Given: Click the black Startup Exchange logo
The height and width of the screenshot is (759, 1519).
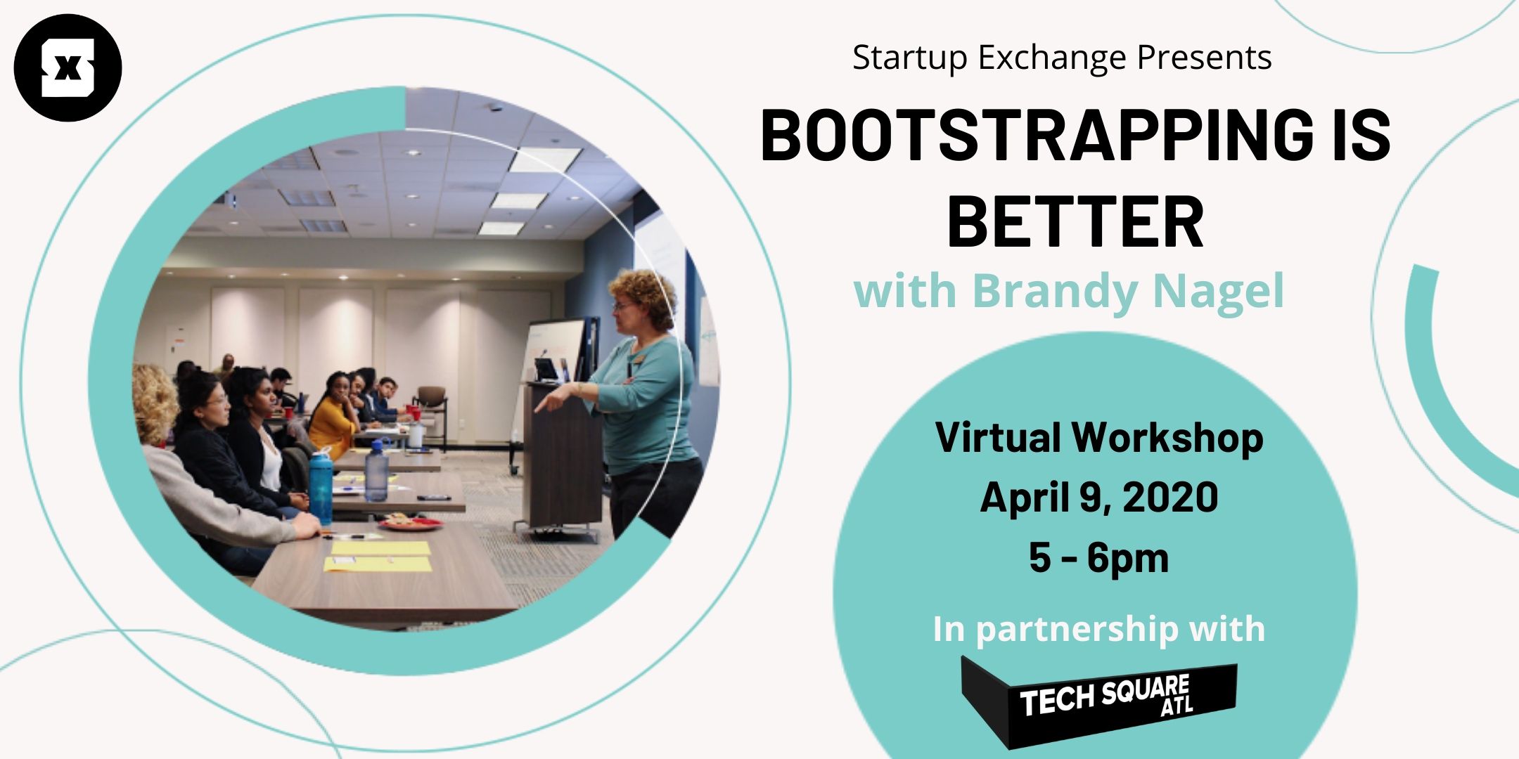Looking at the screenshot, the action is (68, 68).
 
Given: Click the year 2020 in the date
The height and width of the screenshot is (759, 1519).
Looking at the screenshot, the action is (1170, 498).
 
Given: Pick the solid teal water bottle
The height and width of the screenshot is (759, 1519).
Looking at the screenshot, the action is (321, 486).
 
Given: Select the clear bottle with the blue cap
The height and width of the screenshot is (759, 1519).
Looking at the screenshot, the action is (377, 469).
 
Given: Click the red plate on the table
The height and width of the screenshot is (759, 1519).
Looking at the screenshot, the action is (411, 523).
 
